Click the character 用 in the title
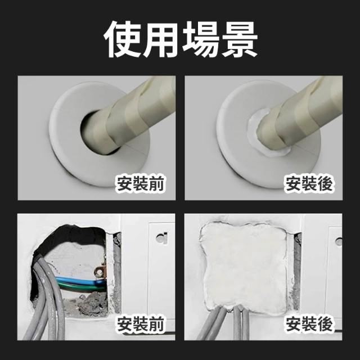click(161, 39)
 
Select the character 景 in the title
click(238, 39)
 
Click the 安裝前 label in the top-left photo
click(140, 184)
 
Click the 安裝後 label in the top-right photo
click(308, 184)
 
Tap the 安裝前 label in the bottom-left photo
click(140, 323)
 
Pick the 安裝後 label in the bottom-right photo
click(308, 323)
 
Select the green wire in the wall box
click(78, 286)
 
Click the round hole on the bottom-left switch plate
click(161, 237)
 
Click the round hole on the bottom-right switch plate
click(339, 242)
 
